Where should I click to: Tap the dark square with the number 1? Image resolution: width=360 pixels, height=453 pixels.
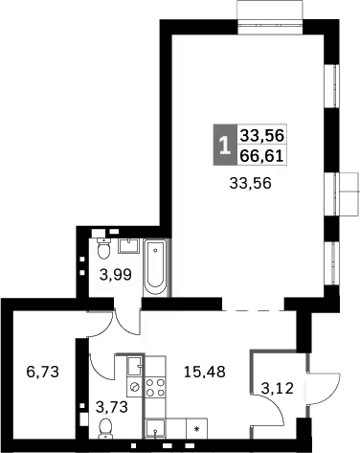click(224, 147)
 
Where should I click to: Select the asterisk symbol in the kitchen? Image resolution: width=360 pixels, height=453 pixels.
click(197, 430)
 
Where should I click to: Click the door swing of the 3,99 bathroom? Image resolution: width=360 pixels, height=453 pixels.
click(123, 317)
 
